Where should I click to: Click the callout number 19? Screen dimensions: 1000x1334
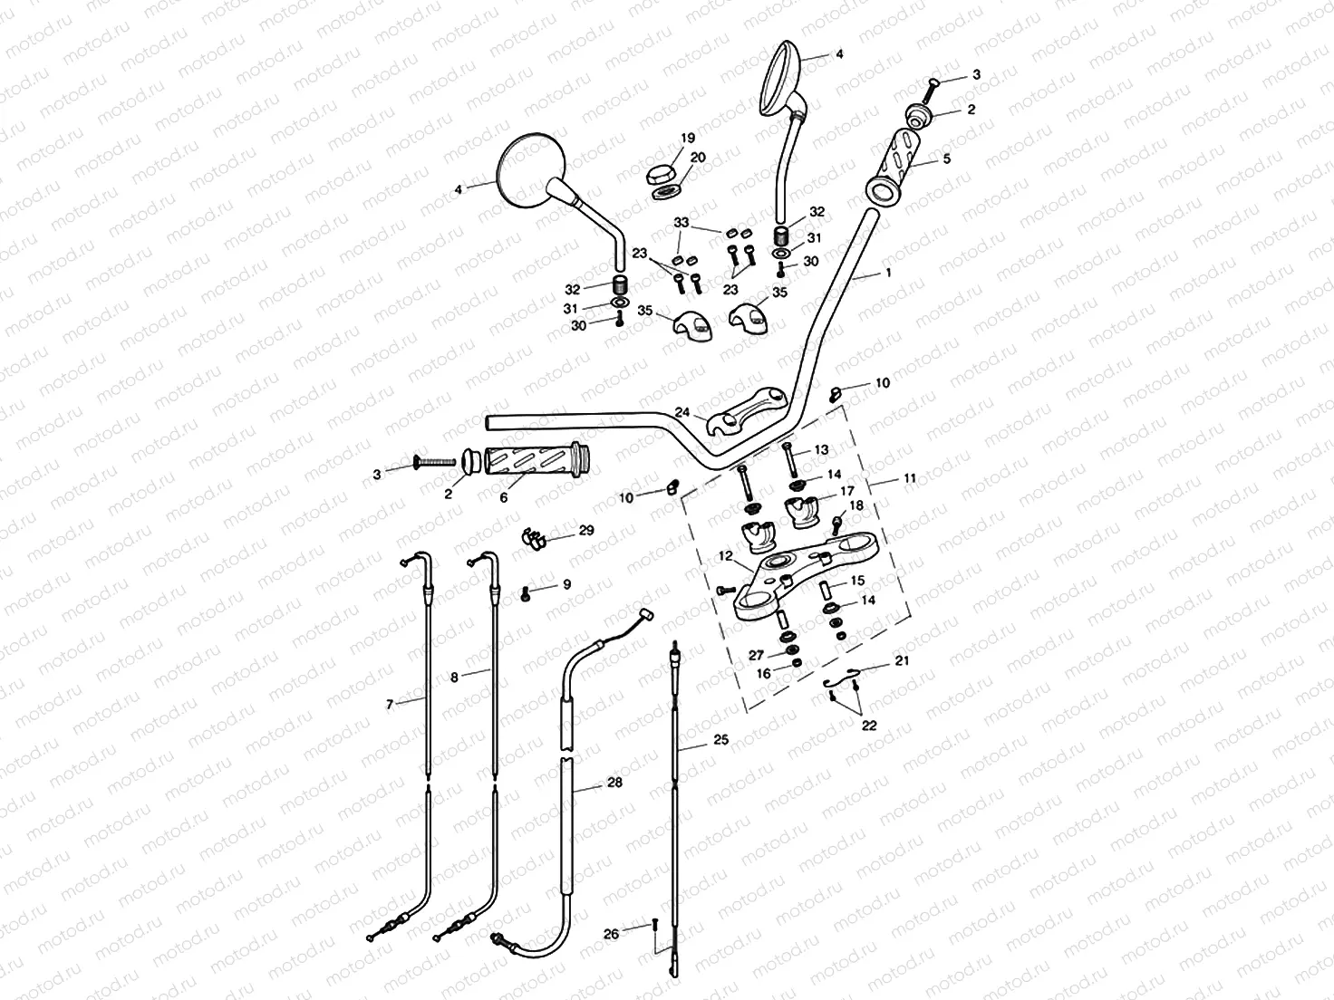point(688,139)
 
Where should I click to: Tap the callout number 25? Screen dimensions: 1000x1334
point(720,740)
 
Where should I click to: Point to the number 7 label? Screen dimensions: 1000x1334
point(390,703)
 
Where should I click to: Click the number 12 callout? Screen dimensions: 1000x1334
point(724,554)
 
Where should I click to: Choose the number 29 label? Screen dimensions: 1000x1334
point(586,530)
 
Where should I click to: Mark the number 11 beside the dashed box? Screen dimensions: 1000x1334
point(910,477)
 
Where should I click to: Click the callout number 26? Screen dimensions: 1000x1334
point(612,934)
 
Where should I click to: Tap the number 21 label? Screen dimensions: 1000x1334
point(902,661)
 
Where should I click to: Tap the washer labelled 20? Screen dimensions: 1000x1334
point(668,191)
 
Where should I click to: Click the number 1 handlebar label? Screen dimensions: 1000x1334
point(889,272)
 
